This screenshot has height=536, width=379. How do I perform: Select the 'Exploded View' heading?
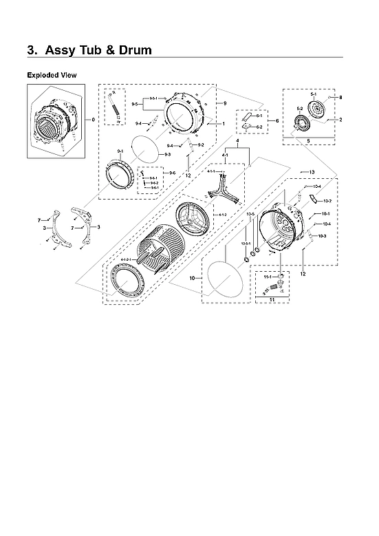(x=52, y=74)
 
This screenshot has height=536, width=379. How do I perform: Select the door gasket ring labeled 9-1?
(x=120, y=173)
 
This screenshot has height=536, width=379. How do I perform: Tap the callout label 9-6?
(x=172, y=172)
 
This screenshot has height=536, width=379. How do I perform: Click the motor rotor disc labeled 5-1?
(x=317, y=110)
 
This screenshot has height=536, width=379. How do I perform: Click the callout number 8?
(x=340, y=98)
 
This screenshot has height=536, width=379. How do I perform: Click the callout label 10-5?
(x=251, y=214)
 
